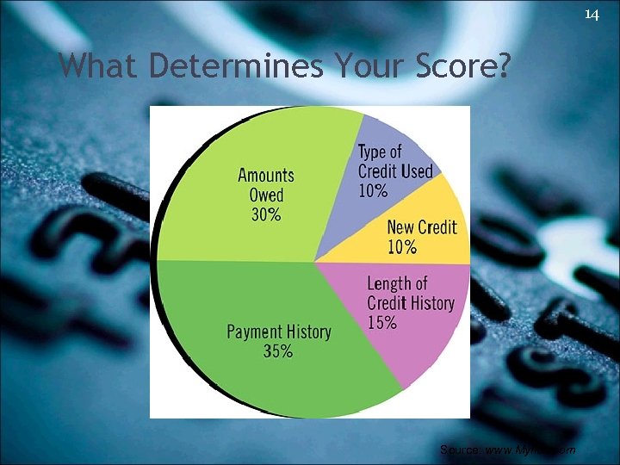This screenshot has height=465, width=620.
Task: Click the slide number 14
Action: [592, 14]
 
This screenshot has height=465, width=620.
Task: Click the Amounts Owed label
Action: [266, 185]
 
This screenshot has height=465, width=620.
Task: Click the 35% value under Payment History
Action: [278, 351]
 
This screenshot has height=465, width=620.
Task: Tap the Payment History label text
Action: [278, 332]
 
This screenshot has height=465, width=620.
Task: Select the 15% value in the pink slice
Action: [382, 323]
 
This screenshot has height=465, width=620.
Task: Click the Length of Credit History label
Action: [410, 293]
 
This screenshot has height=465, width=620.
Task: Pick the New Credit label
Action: [422, 228]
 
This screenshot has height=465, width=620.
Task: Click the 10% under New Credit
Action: [402, 248]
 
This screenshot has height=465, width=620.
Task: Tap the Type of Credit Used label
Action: [394, 162]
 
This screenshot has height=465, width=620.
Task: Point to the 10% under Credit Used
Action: [373, 191]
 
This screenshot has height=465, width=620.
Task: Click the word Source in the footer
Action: [455, 450]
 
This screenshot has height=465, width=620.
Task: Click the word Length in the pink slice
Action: [390, 283]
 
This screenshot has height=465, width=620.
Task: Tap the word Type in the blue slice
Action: [373, 152]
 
